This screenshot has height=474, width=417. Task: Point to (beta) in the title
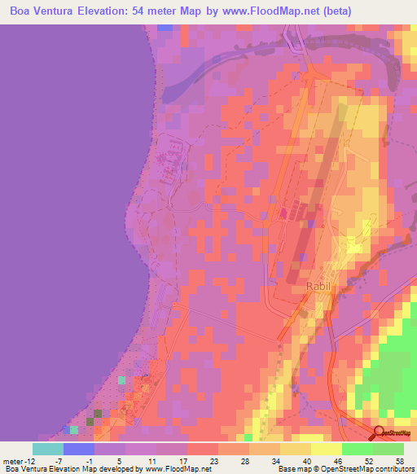(391, 11)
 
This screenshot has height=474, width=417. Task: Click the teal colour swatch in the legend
(48, 449)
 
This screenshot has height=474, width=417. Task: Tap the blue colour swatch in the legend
(79, 449)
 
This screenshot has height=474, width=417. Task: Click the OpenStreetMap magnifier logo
(379, 433)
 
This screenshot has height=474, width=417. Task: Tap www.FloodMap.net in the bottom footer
(178, 469)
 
